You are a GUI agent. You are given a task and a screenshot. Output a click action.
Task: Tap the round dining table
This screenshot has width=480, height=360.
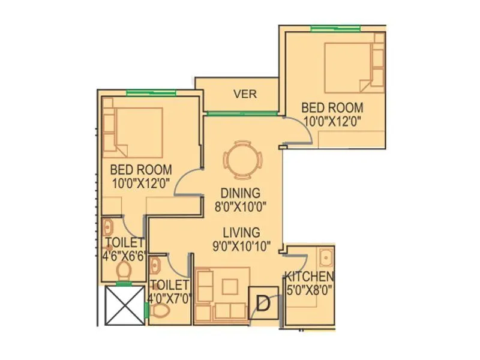coord(243,161)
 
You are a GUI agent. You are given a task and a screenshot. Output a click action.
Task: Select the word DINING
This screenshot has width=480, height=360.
coord(239,193)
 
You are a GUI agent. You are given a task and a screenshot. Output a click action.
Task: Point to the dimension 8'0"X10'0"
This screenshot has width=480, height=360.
coord(239,206)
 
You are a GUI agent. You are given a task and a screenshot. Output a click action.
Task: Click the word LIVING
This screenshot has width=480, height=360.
coord(241,232)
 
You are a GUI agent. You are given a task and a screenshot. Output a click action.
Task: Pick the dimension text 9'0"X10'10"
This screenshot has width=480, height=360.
coord(241,245)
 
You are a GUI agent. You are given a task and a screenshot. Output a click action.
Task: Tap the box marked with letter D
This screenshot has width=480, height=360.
coord(262,302)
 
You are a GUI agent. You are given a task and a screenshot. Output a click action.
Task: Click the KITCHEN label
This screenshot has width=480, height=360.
coord(309,277)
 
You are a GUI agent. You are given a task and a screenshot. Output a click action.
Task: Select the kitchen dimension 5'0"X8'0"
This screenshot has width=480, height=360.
coord(309,290)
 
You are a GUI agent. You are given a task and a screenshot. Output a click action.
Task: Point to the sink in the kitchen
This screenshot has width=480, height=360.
coord(326,258)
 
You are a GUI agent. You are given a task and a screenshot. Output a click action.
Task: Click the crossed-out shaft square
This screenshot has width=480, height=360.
coord(124,305)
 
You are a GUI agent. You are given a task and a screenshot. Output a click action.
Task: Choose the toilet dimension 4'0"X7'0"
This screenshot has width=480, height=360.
coord(170,298)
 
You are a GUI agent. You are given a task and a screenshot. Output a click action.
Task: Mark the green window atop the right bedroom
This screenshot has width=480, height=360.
coord(336,28)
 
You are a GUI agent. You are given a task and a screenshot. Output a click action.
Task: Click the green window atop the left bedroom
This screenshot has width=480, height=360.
coord(151,92)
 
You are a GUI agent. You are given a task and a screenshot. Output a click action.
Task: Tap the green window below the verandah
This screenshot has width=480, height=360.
coord(241,113)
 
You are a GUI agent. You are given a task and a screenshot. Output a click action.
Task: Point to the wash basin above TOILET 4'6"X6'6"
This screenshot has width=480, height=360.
coord(108,227)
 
